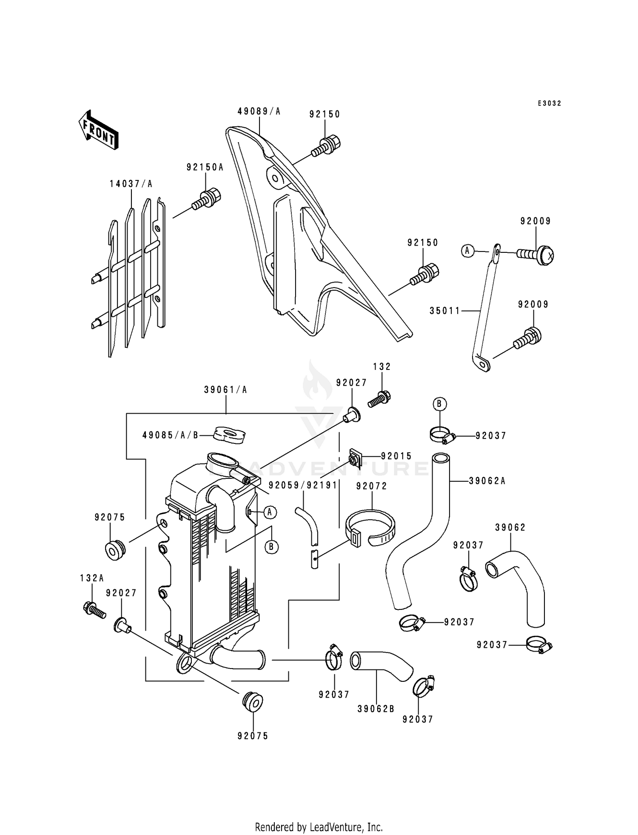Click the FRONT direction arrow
[x=98, y=129]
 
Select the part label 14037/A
[x=131, y=184]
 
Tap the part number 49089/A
[x=259, y=112]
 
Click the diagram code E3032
[x=549, y=103]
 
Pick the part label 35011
[x=445, y=311]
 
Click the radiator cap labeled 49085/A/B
[x=230, y=435]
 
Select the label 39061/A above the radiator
[x=225, y=389]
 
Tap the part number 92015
[x=396, y=456]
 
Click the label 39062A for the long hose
[x=487, y=481]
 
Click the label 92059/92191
[x=303, y=485]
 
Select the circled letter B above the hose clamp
[x=439, y=403]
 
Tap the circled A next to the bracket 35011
[x=467, y=251]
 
